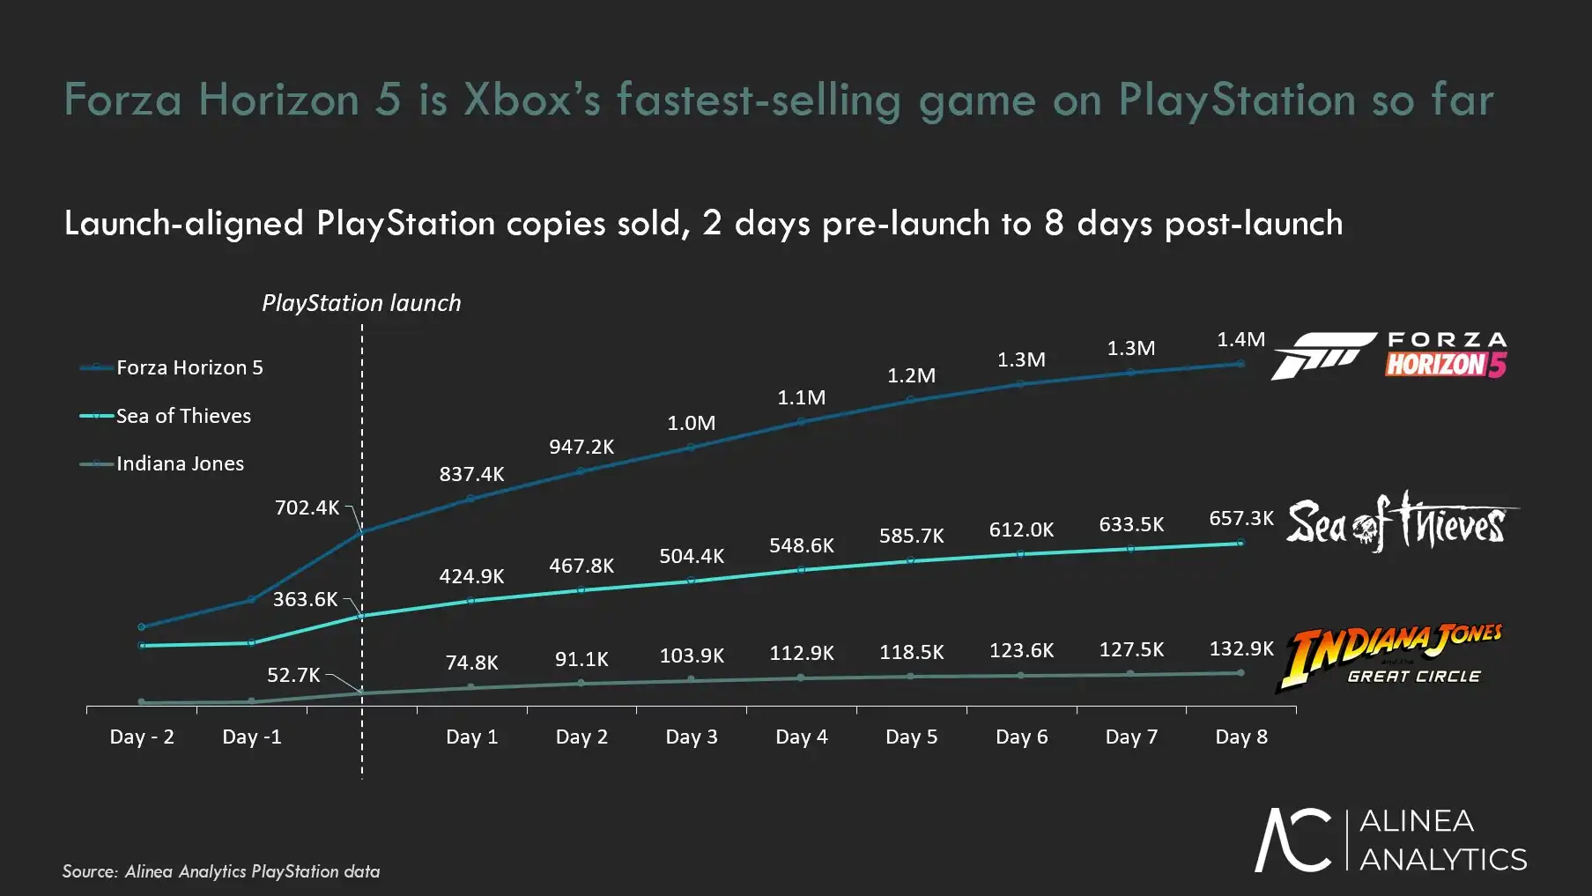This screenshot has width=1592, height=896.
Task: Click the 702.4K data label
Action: [x=307, y=507]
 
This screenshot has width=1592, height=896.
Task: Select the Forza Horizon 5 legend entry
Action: [x=189, y=367]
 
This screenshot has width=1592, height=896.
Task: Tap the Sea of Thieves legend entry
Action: [x=182, y=416]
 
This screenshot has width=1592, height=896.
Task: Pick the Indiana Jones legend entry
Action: [x=179, y=463]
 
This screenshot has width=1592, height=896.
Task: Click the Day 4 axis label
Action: [x=801, y=737]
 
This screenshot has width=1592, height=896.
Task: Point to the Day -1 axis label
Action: [x=251, y=737]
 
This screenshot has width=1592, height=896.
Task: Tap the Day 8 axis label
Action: [x=1240, y=737]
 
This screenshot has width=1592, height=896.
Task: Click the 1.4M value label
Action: [x=1240, y=339]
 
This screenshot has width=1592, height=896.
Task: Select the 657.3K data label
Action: [x=1240, y=518]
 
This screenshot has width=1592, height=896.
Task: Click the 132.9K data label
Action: [x=1240, y=648]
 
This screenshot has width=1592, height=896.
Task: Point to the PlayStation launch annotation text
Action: [x=361, y=303]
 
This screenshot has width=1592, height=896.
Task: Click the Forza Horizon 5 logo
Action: [x=1389, y=355]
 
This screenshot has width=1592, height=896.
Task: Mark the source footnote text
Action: [x=220, y=871]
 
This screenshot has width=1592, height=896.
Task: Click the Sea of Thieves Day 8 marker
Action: [x=1240, y=543]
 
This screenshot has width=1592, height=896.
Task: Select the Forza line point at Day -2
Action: [x=142, y=626]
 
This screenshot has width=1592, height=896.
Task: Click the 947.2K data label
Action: [x=581, y=447]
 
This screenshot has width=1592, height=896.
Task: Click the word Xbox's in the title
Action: [x=532, y=99]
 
